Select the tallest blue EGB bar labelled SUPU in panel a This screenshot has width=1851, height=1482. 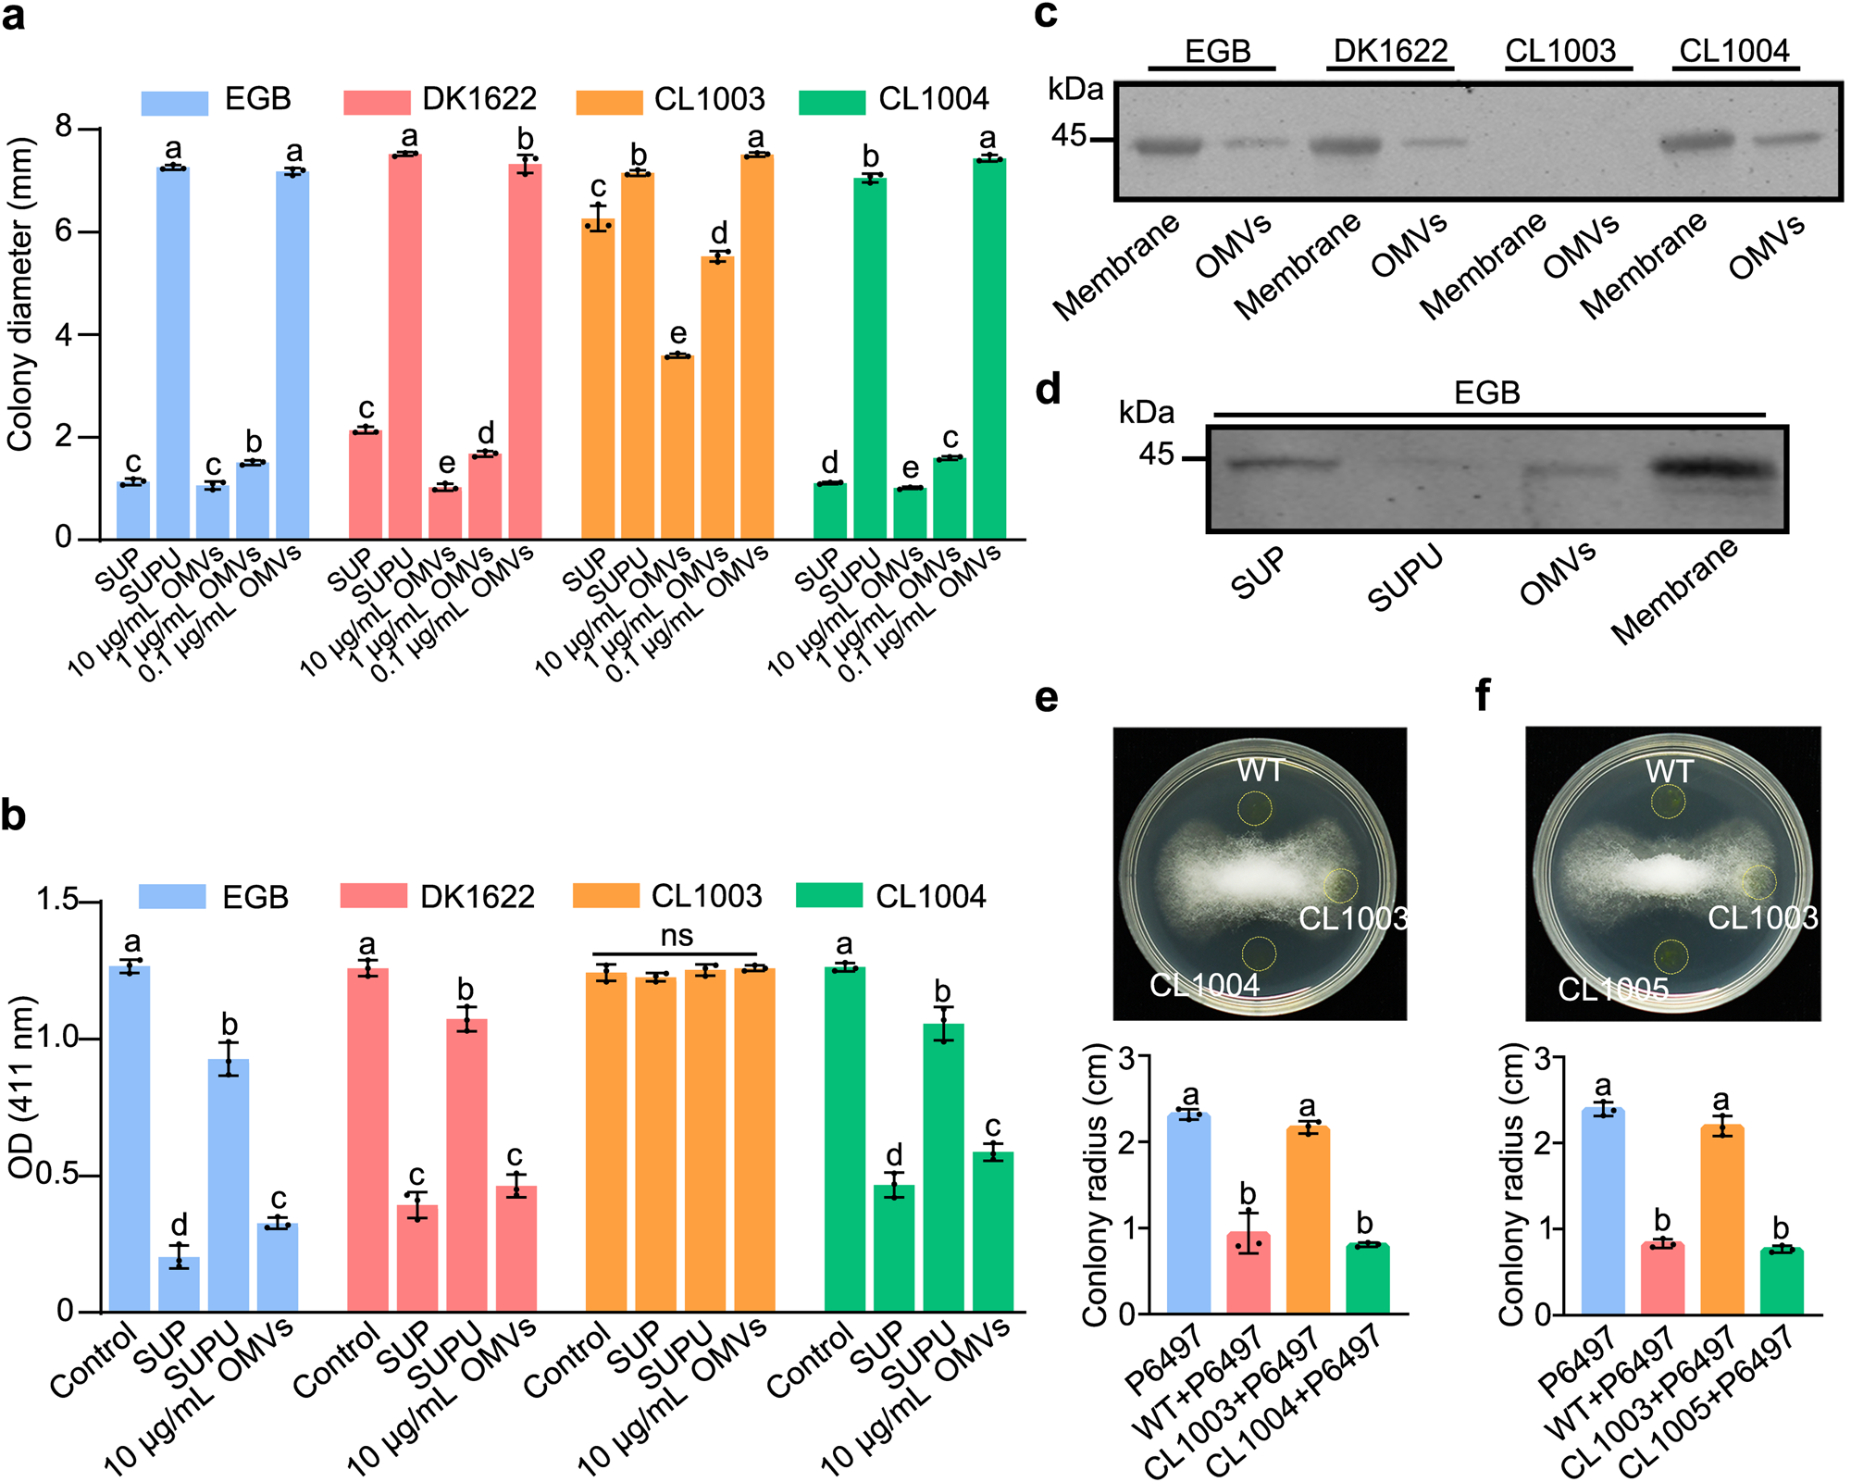tap(173, 352)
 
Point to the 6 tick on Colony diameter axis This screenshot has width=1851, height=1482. tap(64, 230)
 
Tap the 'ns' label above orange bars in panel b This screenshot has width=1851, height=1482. tap(677, 936)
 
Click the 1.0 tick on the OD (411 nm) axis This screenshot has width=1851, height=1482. tap(56, 1038)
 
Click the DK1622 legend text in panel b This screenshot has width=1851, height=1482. tap(477, 896)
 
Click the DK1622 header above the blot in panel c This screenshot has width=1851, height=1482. tap(1390, 51)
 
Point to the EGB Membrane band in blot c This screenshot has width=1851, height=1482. tap(1167, 145)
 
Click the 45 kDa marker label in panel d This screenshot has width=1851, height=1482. tap(1155, 455)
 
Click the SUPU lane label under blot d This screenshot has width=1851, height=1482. tap(1405, 579)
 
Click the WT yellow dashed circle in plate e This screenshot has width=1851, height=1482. tap(1256, 808)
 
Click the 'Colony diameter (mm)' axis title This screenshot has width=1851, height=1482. tap(20, 294)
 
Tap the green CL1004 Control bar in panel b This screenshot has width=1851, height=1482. tap(844, 1139)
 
